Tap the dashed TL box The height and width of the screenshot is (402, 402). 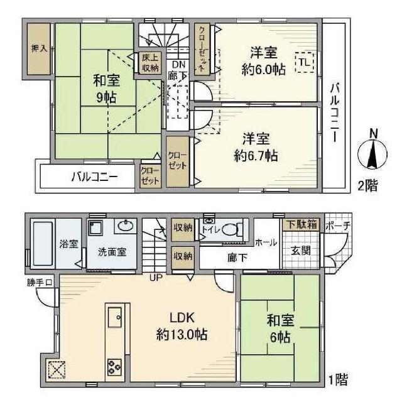click(x=304, y=62)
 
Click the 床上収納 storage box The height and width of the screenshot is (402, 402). click(x=150, y=63)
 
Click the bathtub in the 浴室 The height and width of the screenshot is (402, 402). click(x=43, y=244)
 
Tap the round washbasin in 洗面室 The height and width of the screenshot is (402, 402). click(x=126, y=226)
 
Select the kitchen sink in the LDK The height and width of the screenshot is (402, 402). click(x=114, y=317)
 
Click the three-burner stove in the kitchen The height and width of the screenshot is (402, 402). click(x=114, y=367)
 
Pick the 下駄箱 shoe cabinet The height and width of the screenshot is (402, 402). click(x=301, y=225)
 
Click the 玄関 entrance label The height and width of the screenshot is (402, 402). click(x=301, y=251)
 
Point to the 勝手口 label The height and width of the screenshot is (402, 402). click(x=40, y=283)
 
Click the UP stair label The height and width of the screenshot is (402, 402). click(x=156, y=278)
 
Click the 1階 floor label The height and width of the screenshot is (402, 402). click(x=338, y=379)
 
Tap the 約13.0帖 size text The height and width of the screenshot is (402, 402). click(x=182, y=335)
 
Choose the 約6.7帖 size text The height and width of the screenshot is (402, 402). click(x=256, y=156)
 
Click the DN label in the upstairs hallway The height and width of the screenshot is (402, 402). click(x=178, y=64)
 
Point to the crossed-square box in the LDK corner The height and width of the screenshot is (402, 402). click(x=57, y=370)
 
